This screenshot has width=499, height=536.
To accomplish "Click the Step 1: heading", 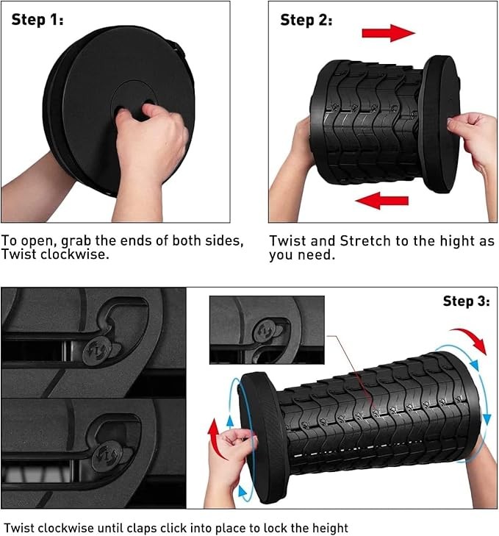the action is coord(37,20).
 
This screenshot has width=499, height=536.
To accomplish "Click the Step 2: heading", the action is coord(306,20).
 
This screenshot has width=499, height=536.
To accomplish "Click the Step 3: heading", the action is coord(466,301).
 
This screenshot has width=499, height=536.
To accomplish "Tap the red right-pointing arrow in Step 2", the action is coord(389,33).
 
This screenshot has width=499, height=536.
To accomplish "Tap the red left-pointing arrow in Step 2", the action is coord(381,200).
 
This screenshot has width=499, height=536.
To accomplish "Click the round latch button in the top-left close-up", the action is coord(97,351).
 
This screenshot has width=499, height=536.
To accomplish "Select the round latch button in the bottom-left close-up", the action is coord(107,457).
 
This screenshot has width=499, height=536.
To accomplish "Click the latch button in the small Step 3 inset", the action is coord(266,331).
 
